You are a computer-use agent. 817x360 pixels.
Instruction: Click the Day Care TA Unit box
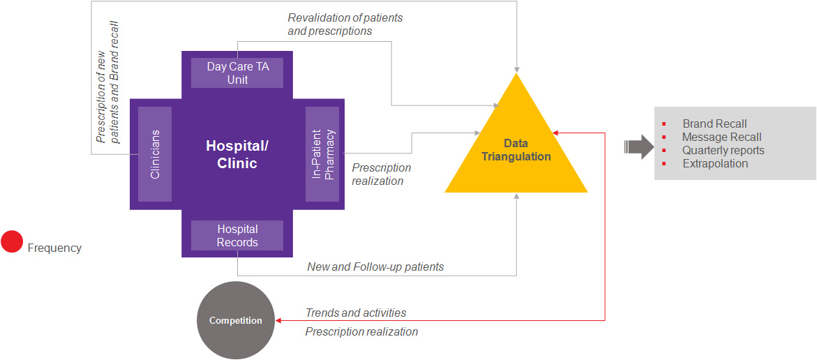click(237, 73)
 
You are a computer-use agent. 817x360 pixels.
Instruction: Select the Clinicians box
click(155, 154)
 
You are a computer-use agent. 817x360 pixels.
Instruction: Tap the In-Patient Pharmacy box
click(322, 154)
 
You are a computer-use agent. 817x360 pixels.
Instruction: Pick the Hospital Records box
click(237, 236)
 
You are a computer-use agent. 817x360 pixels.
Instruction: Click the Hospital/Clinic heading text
click(237, 154)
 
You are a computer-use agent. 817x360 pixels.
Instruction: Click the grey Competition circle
click(236, 320)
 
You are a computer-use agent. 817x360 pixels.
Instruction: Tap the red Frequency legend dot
click(12, 241)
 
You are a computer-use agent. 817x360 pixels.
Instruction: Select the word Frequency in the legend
click(54, 248)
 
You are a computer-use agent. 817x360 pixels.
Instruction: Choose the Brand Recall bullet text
click(714, 124)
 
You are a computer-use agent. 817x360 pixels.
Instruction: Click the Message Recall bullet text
click(721, 137)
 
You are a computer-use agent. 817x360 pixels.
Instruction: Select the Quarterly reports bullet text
click(723, 151)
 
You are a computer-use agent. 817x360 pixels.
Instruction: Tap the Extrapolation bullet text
click(715, 164)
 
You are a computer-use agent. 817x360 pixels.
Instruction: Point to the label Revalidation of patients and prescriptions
click(345, 24)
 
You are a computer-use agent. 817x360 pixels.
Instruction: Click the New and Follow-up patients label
click(375, 267)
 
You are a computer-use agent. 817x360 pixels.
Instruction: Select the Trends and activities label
click(356, 313)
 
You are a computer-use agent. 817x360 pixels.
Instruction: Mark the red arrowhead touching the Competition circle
click(278, 320)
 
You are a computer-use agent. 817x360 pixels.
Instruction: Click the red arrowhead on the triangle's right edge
click(555, 133)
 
